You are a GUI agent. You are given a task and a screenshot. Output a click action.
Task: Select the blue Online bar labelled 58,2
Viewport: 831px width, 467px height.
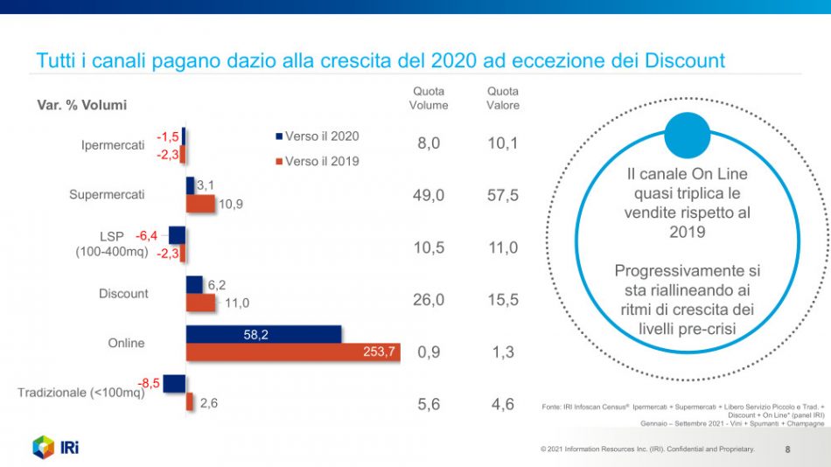tap(263, 334)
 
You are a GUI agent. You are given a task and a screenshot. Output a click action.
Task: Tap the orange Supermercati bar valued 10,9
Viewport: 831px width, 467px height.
tap(200, 204)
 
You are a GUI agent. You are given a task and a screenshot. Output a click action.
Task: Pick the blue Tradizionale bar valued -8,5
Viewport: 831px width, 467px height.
tap(174, 383)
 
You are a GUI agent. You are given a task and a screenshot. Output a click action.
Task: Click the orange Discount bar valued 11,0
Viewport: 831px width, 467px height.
tap(200, 303)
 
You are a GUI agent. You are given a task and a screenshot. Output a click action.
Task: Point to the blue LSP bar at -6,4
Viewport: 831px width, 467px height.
tap(177, 235)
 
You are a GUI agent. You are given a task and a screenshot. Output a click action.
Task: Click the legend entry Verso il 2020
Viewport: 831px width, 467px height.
tap(316, 136)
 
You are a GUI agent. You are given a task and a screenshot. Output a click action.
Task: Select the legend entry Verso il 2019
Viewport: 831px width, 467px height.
tap(316, 161)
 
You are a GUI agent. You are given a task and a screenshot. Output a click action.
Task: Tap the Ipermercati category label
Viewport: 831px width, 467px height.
tap(113, 145)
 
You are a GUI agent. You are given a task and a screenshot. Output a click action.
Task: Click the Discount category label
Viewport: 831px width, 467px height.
tap(123, 294)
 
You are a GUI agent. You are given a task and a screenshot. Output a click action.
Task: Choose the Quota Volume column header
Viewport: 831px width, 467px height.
tap(429, 98)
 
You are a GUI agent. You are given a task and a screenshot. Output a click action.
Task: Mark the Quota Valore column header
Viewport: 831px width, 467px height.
tap(503, 98)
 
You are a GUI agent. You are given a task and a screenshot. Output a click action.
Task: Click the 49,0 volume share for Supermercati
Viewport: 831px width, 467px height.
tap(429, 196)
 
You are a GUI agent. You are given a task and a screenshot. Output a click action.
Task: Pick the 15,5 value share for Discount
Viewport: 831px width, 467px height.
tap(503, 300)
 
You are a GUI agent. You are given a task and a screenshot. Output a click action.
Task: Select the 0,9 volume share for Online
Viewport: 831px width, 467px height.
tap(429, 352)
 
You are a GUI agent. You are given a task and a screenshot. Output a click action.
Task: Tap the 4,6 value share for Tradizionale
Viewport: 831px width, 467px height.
tap(503, 405)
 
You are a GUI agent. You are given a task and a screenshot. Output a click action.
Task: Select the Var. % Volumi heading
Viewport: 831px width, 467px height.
tap(81, 105)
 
